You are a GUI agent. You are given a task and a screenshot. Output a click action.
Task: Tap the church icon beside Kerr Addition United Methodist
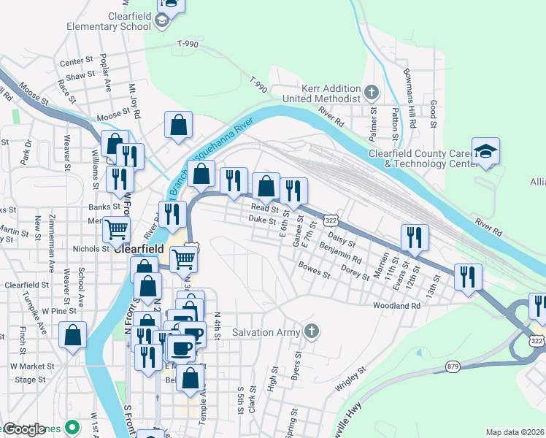[x=372, y=92]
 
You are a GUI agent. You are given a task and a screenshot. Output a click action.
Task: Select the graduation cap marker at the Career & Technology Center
[x=485, y=151]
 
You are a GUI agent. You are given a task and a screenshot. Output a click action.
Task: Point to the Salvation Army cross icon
[x=312, y=332]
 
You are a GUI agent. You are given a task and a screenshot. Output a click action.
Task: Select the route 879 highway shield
[x=452, y=366]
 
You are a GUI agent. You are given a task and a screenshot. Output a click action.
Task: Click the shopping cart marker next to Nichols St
[x=117, y=230]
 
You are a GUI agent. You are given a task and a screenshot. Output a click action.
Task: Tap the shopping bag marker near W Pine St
[x=72, y=336]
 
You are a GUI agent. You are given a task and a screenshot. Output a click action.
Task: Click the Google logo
[x=24, y=429]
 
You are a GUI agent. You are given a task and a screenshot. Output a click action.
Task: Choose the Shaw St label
[x=80, y=75]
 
